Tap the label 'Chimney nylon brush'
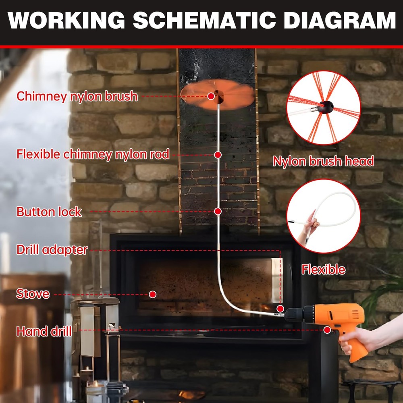[x=77, y=96]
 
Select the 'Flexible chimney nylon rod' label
[x=93, y=154]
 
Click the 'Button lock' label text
[x=49, y=212]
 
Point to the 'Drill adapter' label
[x=52, y=249]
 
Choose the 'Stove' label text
[x=33, y=293]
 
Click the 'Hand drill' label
[x=44, y=332]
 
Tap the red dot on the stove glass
[x=152, y=294]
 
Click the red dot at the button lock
[x=218, y=211]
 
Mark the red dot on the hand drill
[x=327, y=330]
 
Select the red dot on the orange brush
[x=211, y=96]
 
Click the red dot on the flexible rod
[x=218, y=155]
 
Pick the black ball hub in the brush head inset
[x=326, y=106]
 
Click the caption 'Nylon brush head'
[x=323, y=162]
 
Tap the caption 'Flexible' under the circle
[x=323, y=269]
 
